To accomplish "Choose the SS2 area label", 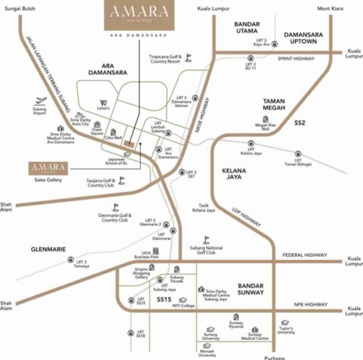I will [x=300, y=121].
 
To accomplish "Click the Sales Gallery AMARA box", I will [x=48, y=166].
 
